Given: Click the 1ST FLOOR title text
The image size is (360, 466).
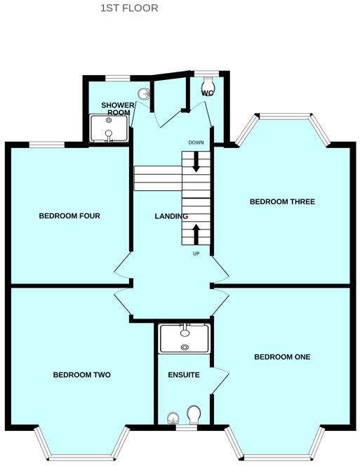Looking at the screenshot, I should (129, 8).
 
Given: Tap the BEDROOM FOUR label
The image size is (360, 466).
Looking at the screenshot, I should (69, 216).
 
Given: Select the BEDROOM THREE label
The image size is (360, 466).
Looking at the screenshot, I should (282, 202).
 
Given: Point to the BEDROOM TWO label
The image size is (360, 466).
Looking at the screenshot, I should (82, 375).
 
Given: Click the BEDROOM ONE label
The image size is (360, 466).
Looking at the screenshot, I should (282, 357).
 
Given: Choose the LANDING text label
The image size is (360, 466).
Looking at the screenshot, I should (171, 216).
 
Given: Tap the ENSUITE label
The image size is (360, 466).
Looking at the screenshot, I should (184, 375).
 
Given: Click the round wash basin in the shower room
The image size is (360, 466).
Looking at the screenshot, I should (145, 93).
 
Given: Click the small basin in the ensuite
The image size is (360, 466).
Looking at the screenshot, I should (173, 419).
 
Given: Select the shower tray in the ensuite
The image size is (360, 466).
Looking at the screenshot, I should (185, 338).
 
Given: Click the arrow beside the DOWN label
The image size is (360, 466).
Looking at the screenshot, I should (196, 161).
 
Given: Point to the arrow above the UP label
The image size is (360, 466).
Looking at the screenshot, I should (196, 234).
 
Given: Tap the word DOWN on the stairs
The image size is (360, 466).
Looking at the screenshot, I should (196, 143).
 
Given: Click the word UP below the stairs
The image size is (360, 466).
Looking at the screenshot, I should (196, 253).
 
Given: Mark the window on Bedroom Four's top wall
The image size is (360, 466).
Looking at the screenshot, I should (47, 145).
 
